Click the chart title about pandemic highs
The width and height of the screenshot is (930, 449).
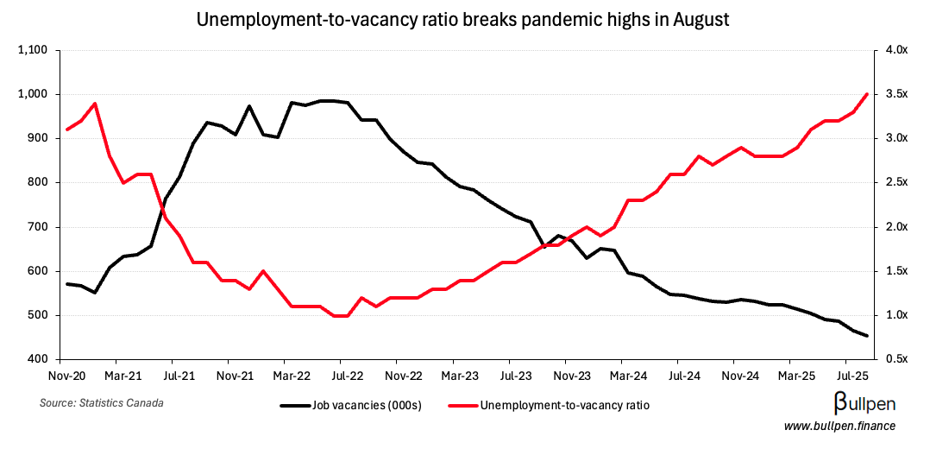point(463,19)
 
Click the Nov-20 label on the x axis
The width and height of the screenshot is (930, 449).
point(66,376)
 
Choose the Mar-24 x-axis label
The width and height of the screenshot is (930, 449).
point(627,376)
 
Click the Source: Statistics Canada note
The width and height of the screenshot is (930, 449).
point(102,403)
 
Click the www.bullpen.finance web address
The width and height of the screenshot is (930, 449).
point(839,427)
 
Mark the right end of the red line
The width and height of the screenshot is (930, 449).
point(867,94)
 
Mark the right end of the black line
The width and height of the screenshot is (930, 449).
point(867,336)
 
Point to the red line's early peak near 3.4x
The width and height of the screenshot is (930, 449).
point(94,104)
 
